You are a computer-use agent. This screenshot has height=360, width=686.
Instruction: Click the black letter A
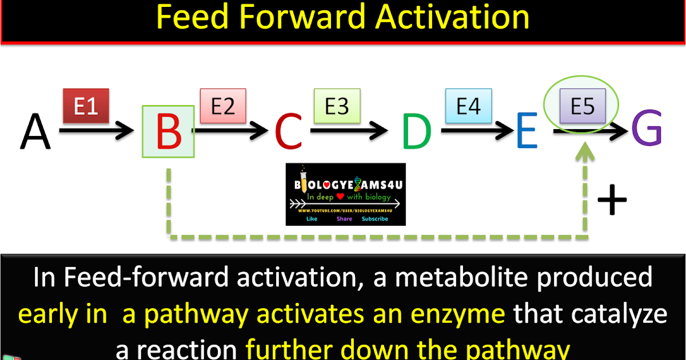(x=35, y=131)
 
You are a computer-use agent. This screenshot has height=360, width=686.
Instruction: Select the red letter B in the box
(x=168, y=131)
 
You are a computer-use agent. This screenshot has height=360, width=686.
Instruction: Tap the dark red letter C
(x=288, y=131)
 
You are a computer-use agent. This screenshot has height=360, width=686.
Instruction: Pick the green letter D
(x=416, y=131)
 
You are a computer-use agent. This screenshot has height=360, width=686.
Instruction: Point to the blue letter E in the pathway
(x=526, y=131)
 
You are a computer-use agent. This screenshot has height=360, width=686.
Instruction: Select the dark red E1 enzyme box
(x=86, y=106)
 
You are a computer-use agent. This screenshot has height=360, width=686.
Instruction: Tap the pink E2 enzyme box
(x=223, y=106)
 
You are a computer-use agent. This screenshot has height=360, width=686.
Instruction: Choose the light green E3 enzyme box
(x=337, y=106)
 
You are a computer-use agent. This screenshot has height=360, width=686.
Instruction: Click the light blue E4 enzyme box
(x=469, y=106)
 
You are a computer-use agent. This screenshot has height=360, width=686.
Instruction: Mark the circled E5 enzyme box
(x=583, y=106)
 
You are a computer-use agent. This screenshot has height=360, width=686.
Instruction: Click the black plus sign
(x=612, y=201)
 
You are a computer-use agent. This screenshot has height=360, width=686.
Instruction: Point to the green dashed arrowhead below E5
(x=584, y=152)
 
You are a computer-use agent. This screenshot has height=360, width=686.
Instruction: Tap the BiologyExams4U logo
(x=345, y=194)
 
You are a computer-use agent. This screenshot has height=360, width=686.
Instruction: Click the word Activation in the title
(x=452, y=18)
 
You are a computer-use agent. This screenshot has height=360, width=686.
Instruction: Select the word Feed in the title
(x=188, y=18)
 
